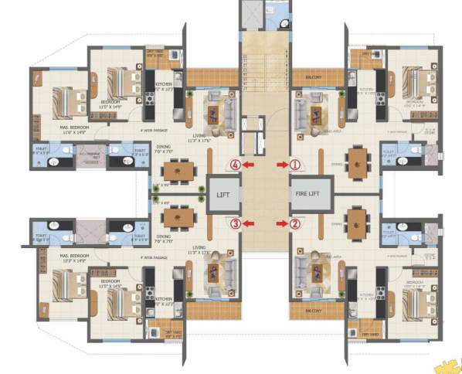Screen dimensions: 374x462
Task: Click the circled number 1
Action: click(294, 164)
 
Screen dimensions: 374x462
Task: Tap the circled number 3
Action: click(236, 224)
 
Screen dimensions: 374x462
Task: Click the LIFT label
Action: click(222, 195)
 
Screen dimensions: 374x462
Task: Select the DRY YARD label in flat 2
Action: click(372, 334)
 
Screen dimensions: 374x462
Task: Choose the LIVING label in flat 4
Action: click(200, 134)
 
